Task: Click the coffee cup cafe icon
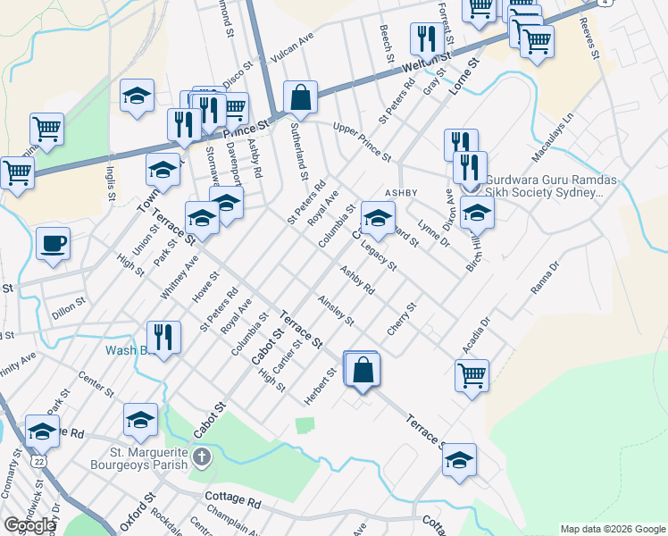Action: click(x=53, y=243)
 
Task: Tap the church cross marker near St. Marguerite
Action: click(x=203, y=459)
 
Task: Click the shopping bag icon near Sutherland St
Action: click(x=301, y=97)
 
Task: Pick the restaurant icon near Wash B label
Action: click(x=163, y=337)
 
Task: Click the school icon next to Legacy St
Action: click(x=378, y=217)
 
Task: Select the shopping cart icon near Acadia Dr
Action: click(x=472, y=374)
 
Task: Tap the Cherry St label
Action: click(x=402, y=320)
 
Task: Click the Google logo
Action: click(x=29, y=525)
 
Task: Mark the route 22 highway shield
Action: click(x=38, y=460)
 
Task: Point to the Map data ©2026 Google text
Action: click(x=612, y=529)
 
